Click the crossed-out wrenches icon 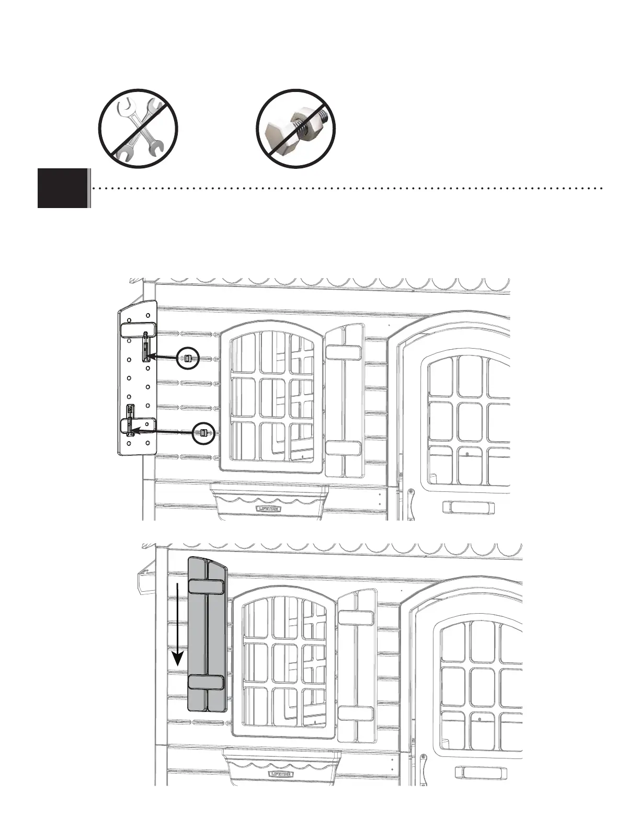[139, 129]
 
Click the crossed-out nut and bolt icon [295, 129]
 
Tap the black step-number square [62, 188]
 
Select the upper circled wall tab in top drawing [188, 358]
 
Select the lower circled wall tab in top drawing [203, 432]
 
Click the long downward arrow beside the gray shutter [179, 623]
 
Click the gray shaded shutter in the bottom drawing [207, 638]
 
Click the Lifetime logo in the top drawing [268, 508]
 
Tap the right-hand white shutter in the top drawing [345, 401]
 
